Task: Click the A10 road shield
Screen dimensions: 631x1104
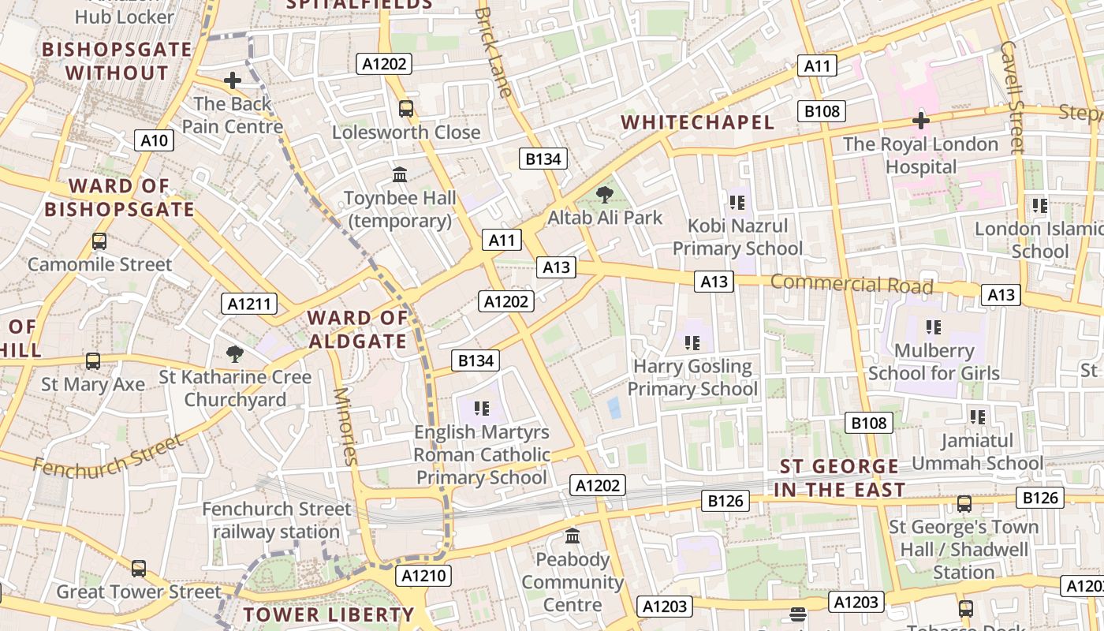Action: point(154,140)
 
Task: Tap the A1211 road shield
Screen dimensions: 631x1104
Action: point(249,304)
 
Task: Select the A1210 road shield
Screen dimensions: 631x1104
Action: point(423,577)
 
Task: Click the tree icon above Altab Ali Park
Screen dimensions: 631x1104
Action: point(605,194)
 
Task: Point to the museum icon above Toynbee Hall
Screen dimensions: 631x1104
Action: point(400,174)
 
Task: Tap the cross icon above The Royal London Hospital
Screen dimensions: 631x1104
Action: point(920,121)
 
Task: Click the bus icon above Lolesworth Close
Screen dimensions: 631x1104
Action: point(406,109)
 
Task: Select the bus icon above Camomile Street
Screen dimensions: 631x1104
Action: point(99,241)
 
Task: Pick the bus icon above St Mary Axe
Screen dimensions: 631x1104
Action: point(93,361)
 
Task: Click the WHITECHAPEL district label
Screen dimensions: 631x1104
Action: point(698,122)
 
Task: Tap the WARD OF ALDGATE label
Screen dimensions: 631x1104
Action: point(358,330)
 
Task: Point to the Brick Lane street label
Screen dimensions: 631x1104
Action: point(494,52)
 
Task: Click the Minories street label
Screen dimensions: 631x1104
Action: point(346,427)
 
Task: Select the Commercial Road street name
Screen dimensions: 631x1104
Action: point(852,284)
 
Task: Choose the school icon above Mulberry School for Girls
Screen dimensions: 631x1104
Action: point(934,327)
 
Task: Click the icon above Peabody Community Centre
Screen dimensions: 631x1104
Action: point(573,536)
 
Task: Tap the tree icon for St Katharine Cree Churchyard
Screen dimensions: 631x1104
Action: point(234,353)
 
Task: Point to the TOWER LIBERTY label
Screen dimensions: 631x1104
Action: point(328,614)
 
